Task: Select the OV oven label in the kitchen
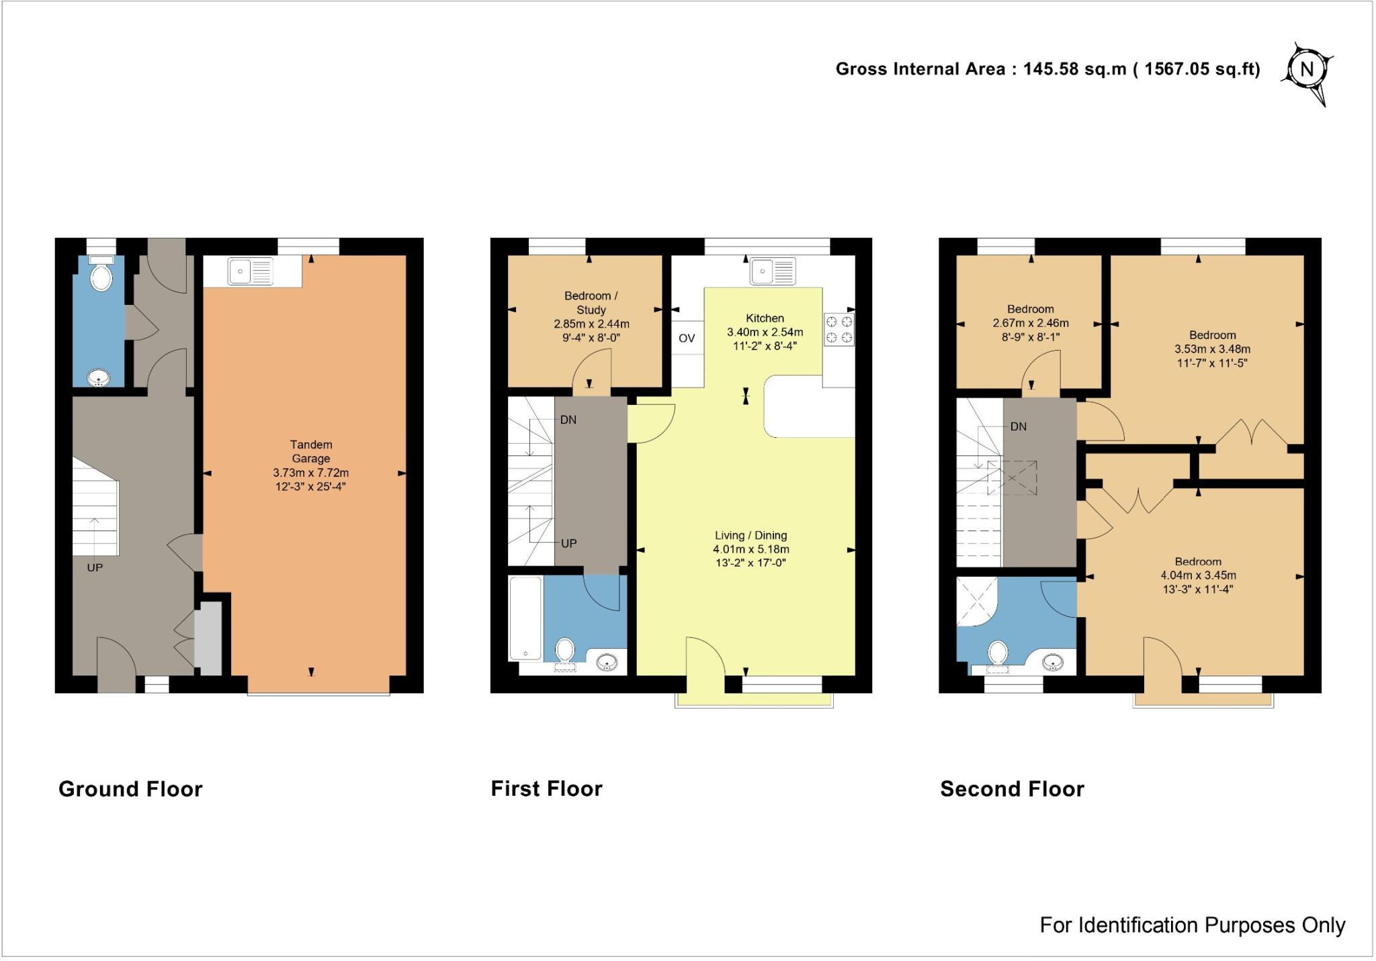(687, 338)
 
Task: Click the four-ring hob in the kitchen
(839, 330)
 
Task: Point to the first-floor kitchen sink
(773, 271)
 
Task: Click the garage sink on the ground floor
(250, 271)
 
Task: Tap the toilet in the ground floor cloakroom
(101, 275)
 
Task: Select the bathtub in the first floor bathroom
(525, 619)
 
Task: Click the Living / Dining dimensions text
(750, 556)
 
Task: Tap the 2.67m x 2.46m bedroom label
(1030, 323)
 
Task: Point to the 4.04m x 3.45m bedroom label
(1198, 576)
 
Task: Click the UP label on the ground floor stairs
(95, 568)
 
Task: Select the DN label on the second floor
(1018, 426)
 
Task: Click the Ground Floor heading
(130, 789)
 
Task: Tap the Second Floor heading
(1012, 789)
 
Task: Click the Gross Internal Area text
(1047, 69)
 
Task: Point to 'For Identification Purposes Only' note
(1192, 925)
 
